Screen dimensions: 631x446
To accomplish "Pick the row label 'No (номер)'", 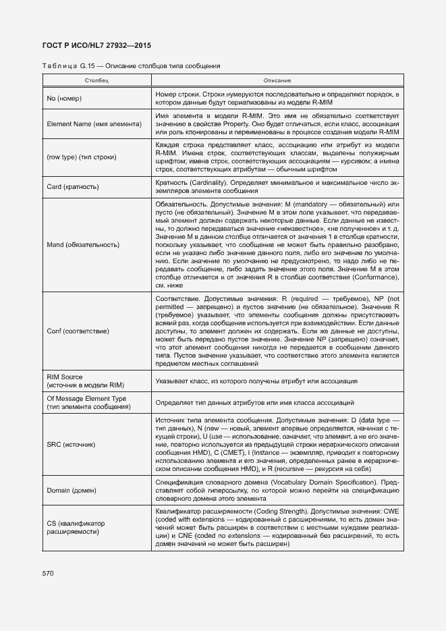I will (64, 99).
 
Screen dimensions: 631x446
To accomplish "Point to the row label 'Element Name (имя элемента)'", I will (90, 125).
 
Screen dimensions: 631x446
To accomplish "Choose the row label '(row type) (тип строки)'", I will (82, 157).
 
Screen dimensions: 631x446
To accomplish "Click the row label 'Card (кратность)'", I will (73, 187).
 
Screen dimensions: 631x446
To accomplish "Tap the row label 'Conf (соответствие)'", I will (78, 331).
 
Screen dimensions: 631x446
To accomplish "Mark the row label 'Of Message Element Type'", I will (86, 399).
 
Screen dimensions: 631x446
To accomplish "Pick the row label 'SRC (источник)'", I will (71, 445).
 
